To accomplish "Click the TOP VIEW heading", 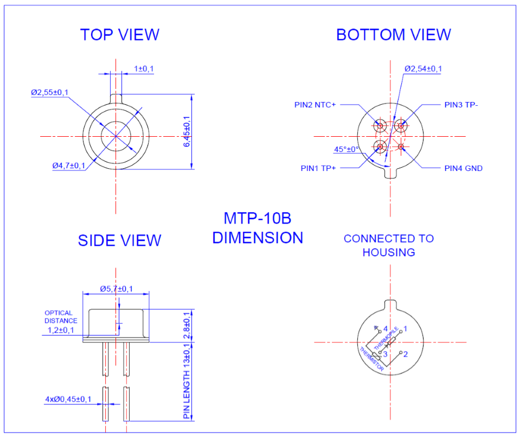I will (119, 35).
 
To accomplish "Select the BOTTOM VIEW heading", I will (393, 35).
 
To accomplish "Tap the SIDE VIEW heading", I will (119, 240).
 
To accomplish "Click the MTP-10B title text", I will (258, 219).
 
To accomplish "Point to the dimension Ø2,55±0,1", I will (49, 93).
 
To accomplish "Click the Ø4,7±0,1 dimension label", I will (69, 166).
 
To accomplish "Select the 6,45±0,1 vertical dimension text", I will (187, 131).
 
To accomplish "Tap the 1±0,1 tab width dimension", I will (144, 69).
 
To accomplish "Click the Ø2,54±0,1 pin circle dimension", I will (423, 69).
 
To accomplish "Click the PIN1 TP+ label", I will (318, 168).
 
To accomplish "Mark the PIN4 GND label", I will (463, 168).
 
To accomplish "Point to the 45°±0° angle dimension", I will (346, 149).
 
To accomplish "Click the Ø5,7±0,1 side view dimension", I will (117, 289).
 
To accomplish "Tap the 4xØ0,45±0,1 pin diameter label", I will (68, 399).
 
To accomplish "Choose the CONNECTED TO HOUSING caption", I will (389, 245).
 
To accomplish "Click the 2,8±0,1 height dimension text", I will (187, 325).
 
